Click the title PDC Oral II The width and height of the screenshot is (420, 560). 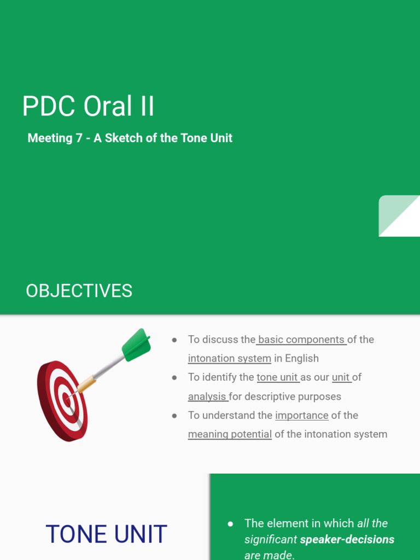(x=88, y=106)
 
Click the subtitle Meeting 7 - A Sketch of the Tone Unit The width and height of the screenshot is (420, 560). (x=130, y=138)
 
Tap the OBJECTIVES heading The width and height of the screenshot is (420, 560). (x=79, y=291)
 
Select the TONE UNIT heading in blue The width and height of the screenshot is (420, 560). (x=106, y=534)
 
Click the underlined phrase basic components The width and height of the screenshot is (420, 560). (x=301, y=340)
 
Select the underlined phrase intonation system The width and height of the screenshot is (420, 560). (x=229, y=359)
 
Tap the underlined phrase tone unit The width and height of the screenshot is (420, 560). (x=277, y=377)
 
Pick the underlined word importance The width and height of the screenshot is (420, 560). (x=301, y=415)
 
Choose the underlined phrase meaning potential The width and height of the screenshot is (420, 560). (x=230, y=434)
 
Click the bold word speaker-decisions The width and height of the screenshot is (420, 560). (x=347, y=540)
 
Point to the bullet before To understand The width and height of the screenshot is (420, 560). (x=174, y=416)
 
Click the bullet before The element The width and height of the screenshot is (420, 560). (x=230, y=524)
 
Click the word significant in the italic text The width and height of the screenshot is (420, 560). (x=271, y=540)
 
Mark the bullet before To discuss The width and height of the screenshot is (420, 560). (x=174, y=340)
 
